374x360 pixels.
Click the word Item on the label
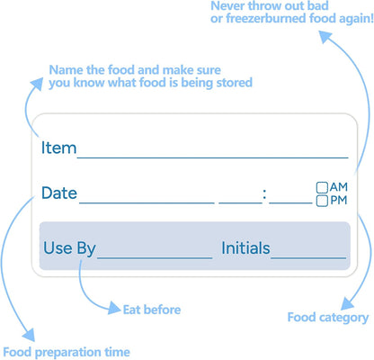click(x=58, y=148)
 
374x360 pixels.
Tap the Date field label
click(x=59, y=193)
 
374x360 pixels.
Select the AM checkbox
click(x=322, y=187)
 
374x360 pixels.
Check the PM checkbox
click(x=322, y=201)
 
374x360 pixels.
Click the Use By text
click(x=69, y=248)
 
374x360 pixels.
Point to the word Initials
click(x=245, y=248)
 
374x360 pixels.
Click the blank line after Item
click(x=213, y=157)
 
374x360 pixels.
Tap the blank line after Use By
click(x=155, y=257)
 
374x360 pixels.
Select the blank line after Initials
click(x=308, y=257)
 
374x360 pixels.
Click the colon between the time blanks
click(x=264, y=194)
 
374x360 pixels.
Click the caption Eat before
click(x=152, y=310)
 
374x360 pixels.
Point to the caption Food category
click(x=328, y=318)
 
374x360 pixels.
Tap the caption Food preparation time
click(x=67, y=352)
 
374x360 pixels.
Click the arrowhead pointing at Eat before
click(x=115, y=308)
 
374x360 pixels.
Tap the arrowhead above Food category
click(x=348, y=303)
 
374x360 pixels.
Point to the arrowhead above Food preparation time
click(x=29, y=335)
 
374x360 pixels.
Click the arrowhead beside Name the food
click(x=37, y=84)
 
